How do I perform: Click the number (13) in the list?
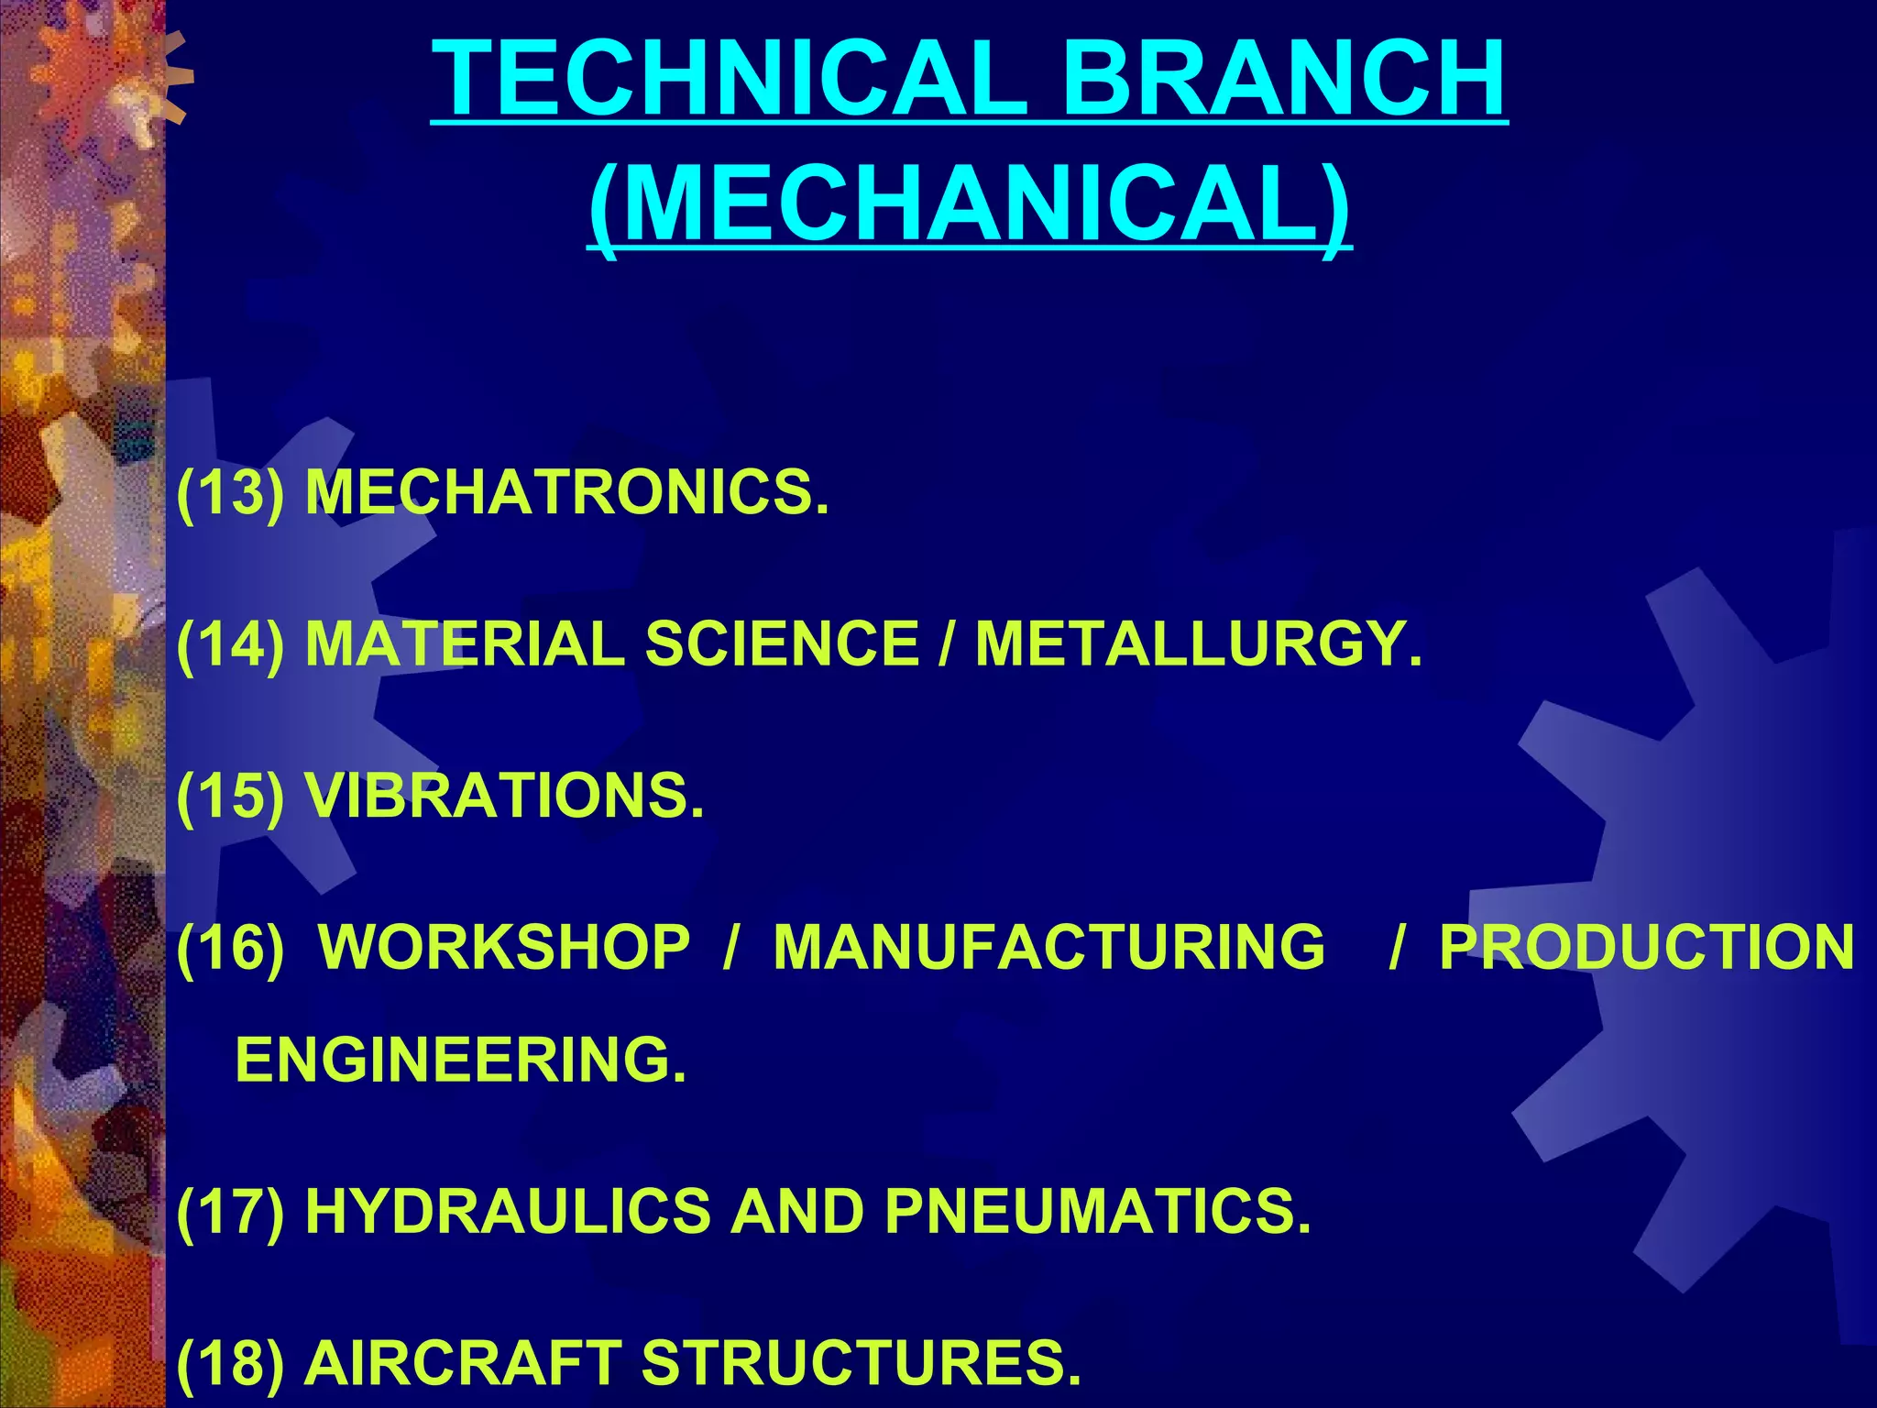click(x=230, y=492)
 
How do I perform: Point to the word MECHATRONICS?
click(x=566, y=492)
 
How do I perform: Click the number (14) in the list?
click(x=230, y=643)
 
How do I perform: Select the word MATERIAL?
click(x=465, y=643)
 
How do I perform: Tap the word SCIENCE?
click(x=782, y=643)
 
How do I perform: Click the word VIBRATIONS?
click(x=504, y=795)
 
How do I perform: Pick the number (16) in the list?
click(x=230, y=946)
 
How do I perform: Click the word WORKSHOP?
click(x=504, y=946)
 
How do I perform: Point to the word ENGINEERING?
click(x=461, y=1060)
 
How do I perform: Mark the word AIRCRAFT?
click(x=463, y=1362)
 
